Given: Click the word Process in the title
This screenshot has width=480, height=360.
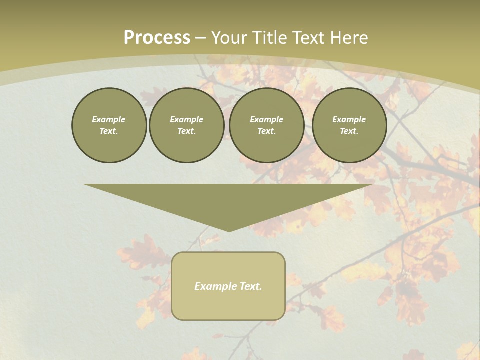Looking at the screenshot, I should (157, 38).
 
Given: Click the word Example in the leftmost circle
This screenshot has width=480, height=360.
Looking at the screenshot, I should (109, 119).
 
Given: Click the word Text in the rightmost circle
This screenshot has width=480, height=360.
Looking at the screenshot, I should (349, 131).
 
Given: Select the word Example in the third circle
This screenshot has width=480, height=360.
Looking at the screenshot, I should (266, 119).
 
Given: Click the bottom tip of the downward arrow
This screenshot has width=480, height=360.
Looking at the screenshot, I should (229, 231).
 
